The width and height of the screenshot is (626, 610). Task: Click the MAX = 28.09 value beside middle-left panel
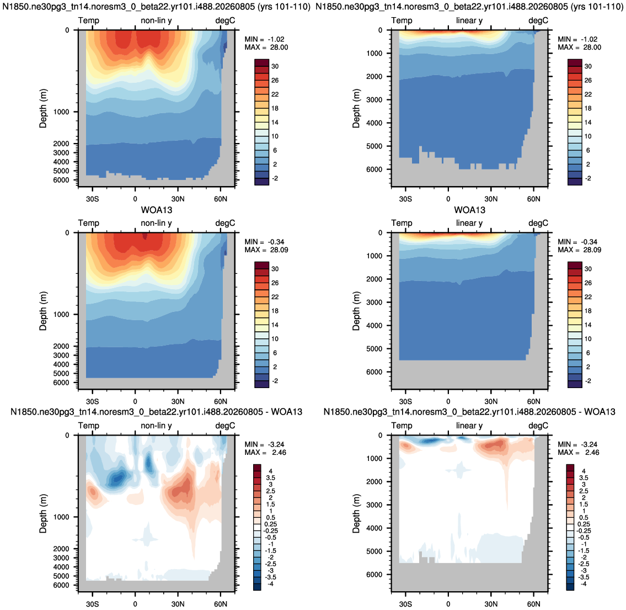click(x=266, y=250)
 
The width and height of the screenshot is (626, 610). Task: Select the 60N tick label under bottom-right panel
click(x=533, y=604)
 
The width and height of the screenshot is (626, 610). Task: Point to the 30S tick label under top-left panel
click(x=92, y=199)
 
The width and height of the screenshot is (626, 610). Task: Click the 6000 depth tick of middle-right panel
click(x=374, y=372)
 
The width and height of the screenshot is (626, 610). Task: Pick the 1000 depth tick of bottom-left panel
click(x=61, y=517)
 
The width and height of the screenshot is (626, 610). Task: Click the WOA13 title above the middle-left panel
click(x=157, y=210)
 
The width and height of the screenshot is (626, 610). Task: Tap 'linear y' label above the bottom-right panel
click(x=469, y=426)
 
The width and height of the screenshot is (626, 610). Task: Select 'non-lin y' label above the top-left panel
click(x=156, y=20)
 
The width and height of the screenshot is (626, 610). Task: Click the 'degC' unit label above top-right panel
click(x=538, y=21)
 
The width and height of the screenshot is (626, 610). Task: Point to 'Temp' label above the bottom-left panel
click(x=89, y=426)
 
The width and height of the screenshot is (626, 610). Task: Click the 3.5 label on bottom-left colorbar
click(x=270, y=478)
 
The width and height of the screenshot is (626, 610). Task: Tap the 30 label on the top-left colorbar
click(x=275, y=66)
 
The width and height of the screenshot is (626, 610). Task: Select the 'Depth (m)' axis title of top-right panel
click(x=356, y=108)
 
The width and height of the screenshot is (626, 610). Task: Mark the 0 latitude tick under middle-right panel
click(x=448, y=401)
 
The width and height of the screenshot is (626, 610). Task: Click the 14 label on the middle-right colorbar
click(x=588, y=325)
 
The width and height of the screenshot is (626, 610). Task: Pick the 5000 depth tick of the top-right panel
click(x=374, y=146)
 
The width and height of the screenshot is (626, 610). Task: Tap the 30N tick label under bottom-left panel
click(x=178, y=604)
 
